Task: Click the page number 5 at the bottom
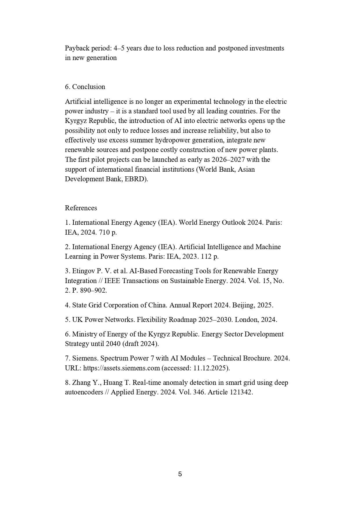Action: point(180,474)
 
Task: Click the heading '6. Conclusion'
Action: point(85,87)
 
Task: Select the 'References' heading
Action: point(81,208)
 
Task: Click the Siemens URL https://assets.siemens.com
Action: point(122,368)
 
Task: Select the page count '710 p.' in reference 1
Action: point(108,232)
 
